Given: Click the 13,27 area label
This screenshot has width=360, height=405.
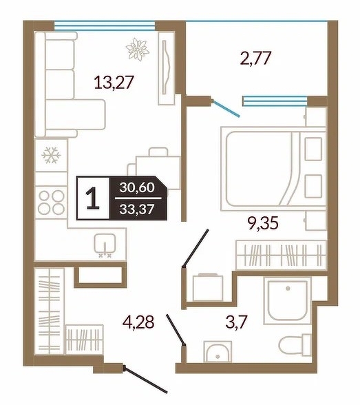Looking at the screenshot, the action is coord(114,83).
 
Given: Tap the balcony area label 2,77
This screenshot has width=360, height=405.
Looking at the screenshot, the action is coord(255,58).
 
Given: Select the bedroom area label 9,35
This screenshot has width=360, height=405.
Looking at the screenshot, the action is coord(263,223).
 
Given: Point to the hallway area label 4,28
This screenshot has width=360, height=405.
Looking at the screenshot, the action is coord(138,322).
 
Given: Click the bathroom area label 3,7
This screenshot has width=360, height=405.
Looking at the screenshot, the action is coord(236,322).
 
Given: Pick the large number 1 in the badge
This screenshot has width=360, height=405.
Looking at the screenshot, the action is coord(93,198).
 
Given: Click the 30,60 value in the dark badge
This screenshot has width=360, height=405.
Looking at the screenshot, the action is coord(137,187).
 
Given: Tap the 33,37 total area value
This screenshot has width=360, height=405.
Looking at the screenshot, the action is coord(137,209).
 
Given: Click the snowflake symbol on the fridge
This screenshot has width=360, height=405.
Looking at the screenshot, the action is coord(51,155).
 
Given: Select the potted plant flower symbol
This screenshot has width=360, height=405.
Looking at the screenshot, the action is coord(138,50).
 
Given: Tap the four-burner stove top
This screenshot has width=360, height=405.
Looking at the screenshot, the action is coord(52,202).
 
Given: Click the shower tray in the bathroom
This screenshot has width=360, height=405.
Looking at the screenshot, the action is coord(288,300).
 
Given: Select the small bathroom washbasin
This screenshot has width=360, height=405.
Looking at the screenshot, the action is coord(218,352).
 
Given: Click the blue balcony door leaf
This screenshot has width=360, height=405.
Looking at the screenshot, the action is coord(226,109).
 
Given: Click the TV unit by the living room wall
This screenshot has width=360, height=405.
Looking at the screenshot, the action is coord(167,68).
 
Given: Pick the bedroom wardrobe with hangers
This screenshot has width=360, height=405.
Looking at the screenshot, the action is coord(282,255).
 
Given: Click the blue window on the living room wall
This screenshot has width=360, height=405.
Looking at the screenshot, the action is coord(105,26).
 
